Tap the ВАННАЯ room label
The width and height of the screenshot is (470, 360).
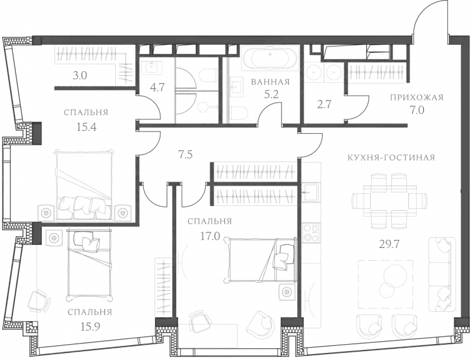[x=271, y=82]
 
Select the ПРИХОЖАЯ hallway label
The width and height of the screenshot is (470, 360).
[x=415, y=98]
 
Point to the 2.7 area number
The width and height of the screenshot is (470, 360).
[x=324, y=106]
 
